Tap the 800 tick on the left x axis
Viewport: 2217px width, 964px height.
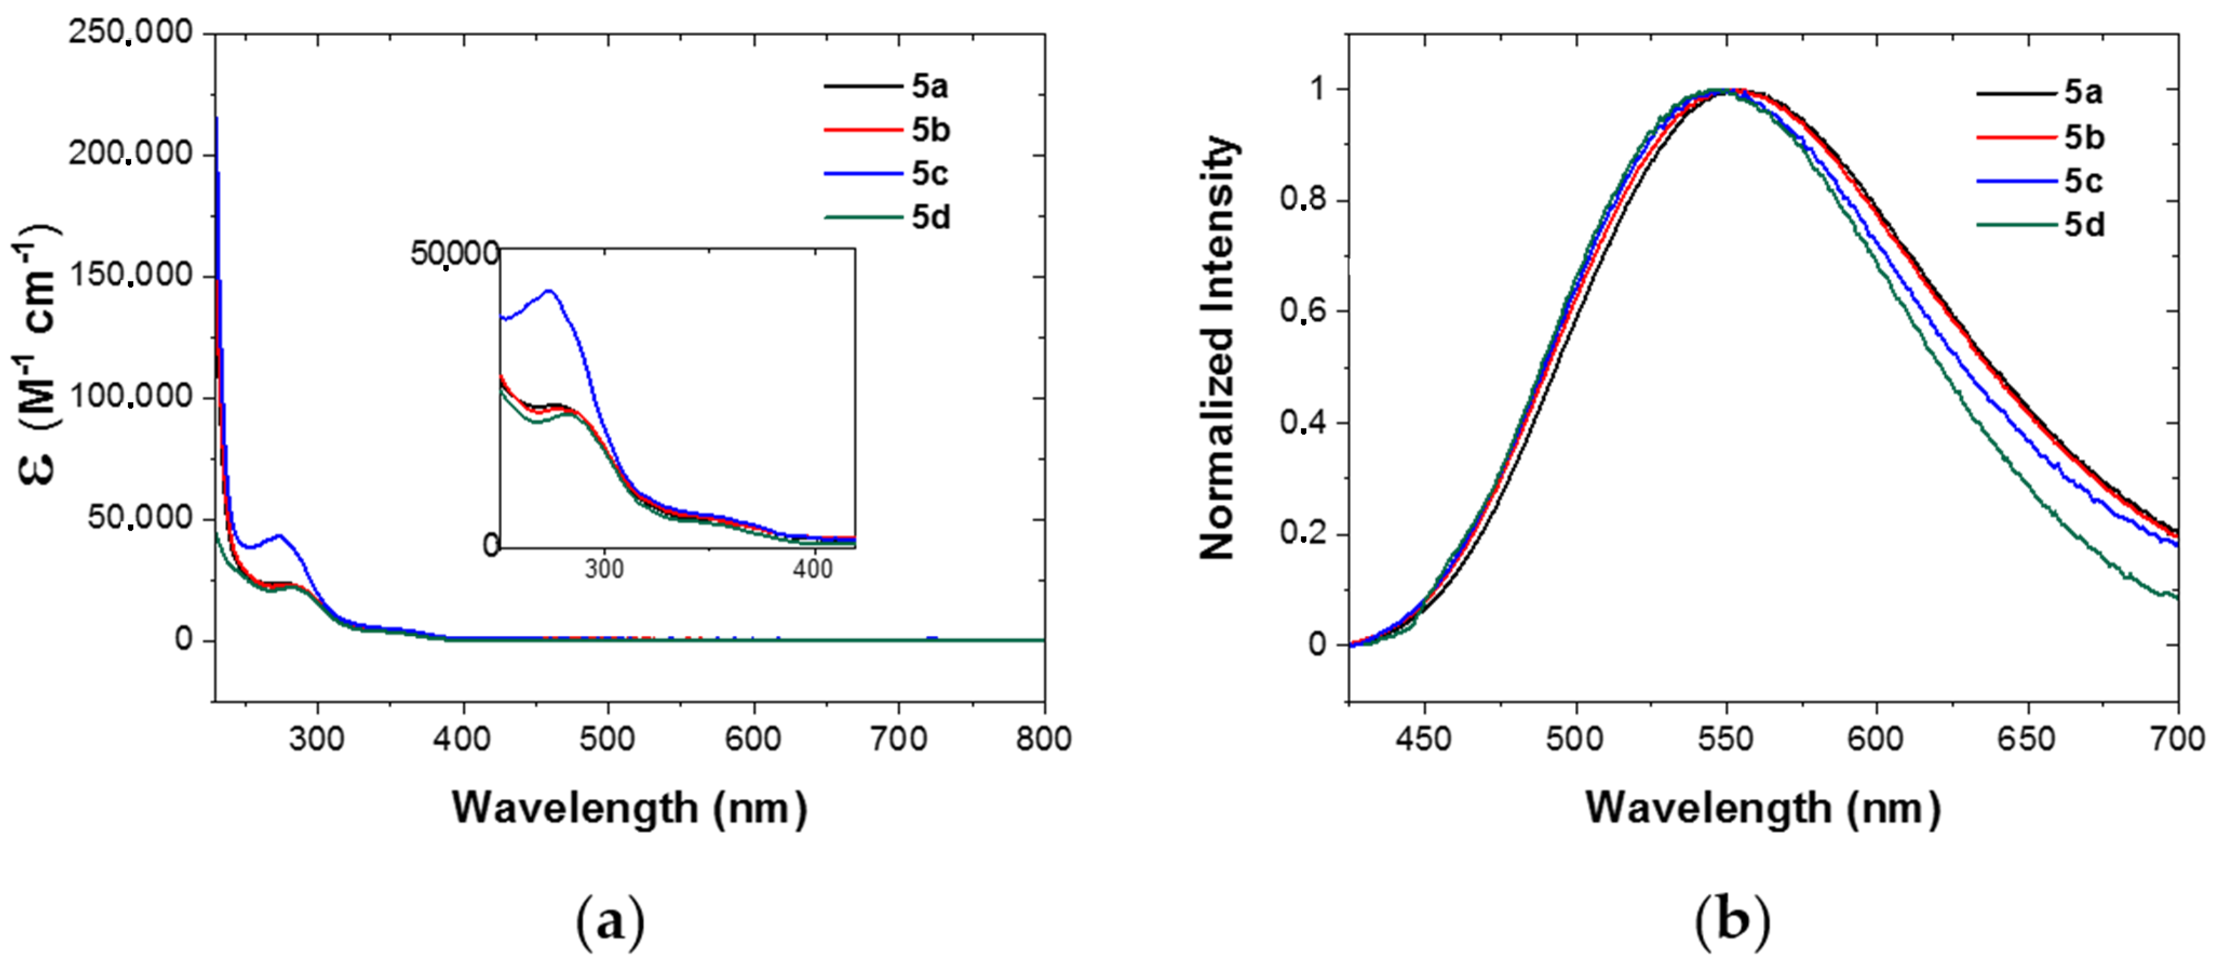(x=1043, y=739)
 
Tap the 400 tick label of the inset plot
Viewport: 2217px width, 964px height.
(x=812, y=569)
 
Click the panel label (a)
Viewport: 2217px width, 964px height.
(x=609, y=922)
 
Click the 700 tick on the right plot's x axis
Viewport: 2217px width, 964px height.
(x=2178, y=739)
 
